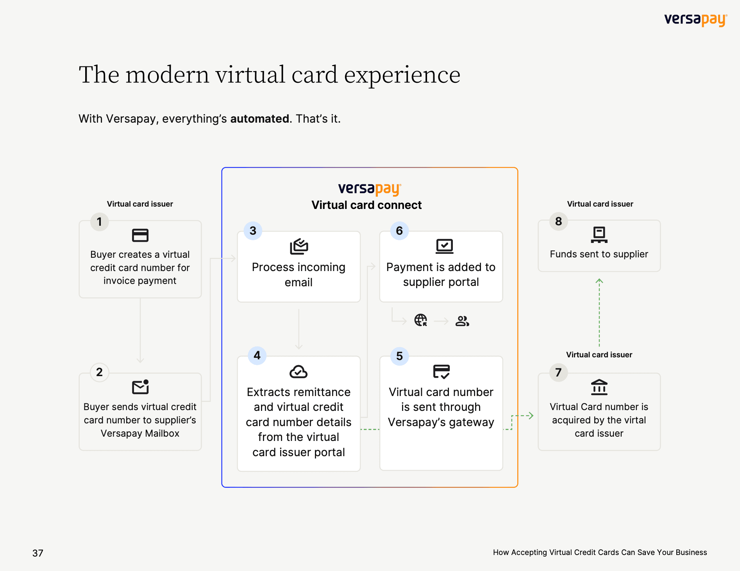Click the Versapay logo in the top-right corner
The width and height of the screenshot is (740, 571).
695,20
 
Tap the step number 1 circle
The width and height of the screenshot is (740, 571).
100,222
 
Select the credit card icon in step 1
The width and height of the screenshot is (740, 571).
140,235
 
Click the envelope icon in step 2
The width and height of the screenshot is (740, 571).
141,387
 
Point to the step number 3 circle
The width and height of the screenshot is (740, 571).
253,230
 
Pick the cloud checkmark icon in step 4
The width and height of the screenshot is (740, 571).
299,372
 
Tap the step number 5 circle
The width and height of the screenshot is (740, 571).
399,356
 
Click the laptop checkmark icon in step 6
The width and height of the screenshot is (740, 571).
445,246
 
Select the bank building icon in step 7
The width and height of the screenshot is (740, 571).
599,387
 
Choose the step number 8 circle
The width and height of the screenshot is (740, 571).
559,221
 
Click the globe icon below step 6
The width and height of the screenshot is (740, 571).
421,320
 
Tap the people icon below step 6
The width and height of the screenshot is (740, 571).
462,321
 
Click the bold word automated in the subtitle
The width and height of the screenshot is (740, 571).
260,119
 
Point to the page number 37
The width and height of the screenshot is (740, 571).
38,553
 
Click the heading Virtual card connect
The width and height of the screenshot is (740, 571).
366,205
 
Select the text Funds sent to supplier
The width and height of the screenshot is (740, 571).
599,254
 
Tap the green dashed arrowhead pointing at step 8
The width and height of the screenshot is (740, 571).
599,280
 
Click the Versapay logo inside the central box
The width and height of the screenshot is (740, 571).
370,189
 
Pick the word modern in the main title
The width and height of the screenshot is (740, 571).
168,75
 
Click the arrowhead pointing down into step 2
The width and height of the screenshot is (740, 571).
140,360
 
